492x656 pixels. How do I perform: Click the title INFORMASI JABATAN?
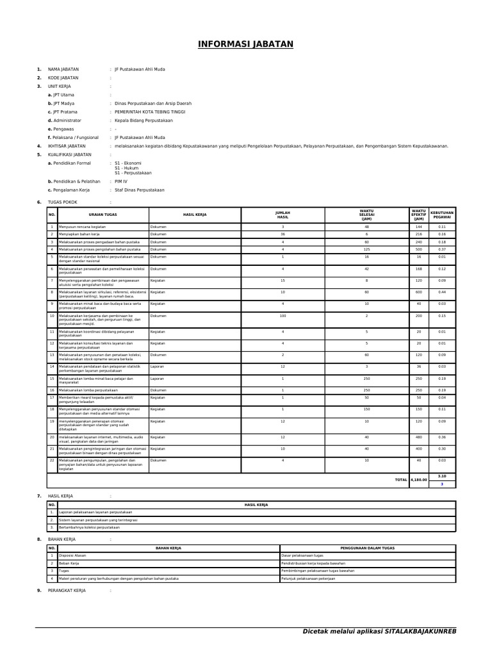245,44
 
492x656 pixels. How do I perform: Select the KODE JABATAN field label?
63,78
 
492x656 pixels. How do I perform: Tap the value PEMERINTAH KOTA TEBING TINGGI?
149,111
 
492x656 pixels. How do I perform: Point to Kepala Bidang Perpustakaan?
143,120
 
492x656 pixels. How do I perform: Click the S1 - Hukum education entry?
126,168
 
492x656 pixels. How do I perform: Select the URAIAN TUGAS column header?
102,215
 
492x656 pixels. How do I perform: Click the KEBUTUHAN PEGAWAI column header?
442,215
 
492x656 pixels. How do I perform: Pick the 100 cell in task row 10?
283,316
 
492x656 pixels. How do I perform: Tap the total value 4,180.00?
418,479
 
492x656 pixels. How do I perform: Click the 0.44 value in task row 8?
441,292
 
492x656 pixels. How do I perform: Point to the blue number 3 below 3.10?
441,484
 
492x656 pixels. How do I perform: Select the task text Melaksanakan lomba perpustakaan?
88,390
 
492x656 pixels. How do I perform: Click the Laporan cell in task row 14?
157,366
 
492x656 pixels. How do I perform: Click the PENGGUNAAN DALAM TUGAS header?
367,548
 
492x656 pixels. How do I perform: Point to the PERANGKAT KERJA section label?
67,590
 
